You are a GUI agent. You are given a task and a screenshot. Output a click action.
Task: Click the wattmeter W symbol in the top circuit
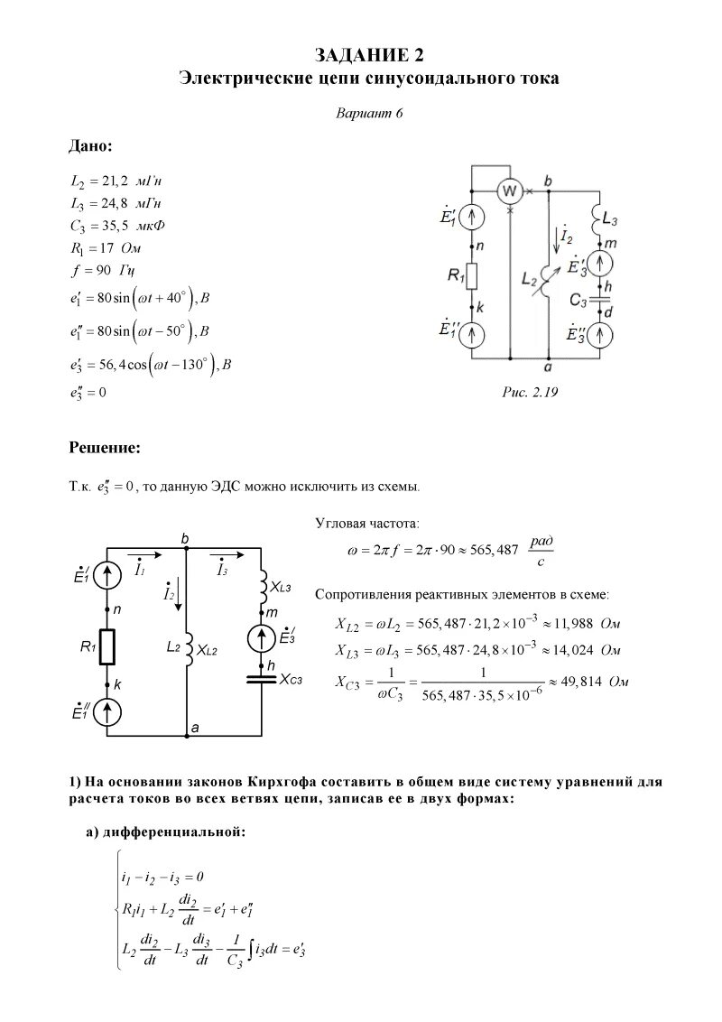(x=510, y=190)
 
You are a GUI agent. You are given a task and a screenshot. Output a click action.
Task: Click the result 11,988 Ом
(x=586, y=624)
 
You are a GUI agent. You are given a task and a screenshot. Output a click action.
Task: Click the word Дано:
(x=91, y=146)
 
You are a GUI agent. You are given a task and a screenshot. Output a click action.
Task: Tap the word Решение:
(x=105, y=447)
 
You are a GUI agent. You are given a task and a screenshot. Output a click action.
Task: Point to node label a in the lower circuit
(x=193, y=727)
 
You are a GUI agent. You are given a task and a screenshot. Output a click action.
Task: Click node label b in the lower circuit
(x=185, y=539)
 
